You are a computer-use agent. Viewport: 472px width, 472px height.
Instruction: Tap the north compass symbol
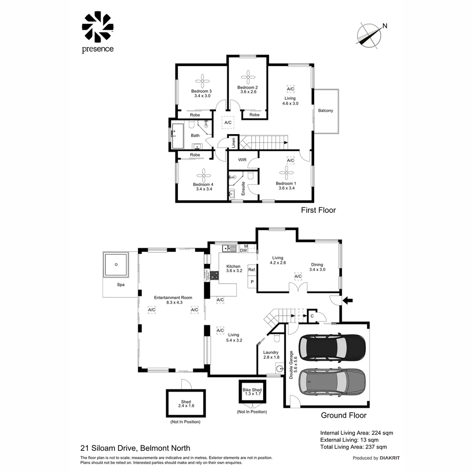[x=368, y=35]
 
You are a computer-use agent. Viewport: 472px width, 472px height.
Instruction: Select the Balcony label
[x=326, y=111]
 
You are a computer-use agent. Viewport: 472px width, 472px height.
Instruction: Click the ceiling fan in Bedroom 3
[x=202, y=80]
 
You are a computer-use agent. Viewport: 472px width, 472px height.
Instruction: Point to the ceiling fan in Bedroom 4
[x=203, y=175]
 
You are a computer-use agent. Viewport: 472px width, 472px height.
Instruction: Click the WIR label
[x=243, y=160]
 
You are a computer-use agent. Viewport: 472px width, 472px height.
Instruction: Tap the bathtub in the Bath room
[x=177, y=135]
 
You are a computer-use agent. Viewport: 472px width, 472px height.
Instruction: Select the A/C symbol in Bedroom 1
[x=291, y=160]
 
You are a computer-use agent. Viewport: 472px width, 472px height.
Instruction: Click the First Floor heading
[x=318, y=210]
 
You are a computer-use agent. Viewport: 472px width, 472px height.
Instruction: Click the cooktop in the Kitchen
[x=215, y=275]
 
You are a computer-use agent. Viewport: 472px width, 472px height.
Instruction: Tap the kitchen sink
[x=227, y=249]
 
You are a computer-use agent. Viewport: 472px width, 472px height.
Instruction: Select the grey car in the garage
[x=332, y=381]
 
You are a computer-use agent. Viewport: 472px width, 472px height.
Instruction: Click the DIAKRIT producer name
[x=390, y=458]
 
